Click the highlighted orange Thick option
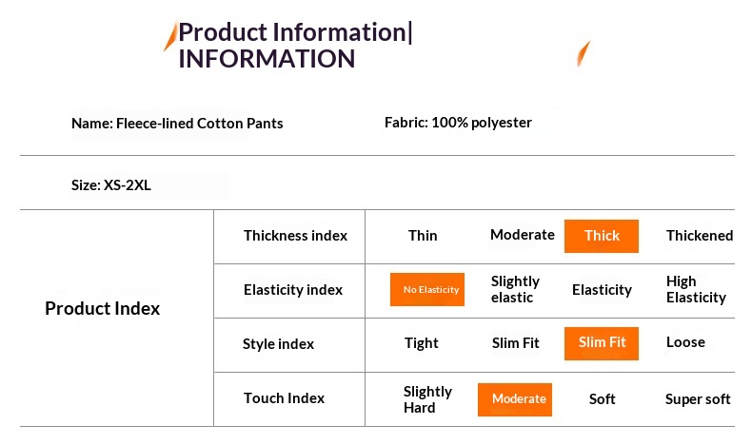602,236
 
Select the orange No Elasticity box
427,289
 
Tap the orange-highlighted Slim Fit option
602,343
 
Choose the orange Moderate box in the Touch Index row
515,399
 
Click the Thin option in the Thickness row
423,236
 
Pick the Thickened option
700,236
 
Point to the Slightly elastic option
515,289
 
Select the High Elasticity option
696,289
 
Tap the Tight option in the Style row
421,343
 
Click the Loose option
685,342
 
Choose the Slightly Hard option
427,399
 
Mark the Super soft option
698,399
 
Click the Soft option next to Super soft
602,399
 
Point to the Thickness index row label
295,236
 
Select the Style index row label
278,344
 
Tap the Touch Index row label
284,398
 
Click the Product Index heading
102,308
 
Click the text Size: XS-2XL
111,184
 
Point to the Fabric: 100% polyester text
458,123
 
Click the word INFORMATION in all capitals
267,59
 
